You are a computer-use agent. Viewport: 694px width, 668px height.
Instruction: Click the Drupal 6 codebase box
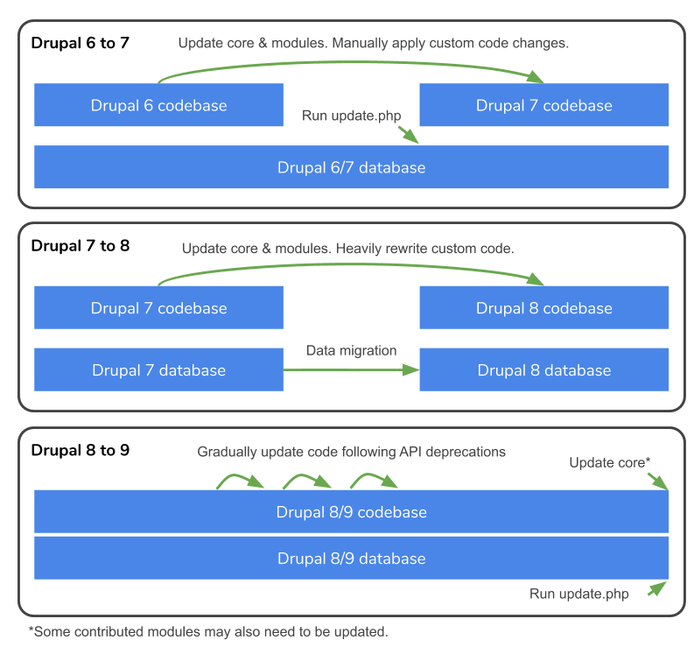coord(158,105)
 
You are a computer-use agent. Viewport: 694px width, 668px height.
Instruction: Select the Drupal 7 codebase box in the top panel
coord(543,105)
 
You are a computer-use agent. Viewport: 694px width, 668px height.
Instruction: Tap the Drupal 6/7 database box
coord(351,167)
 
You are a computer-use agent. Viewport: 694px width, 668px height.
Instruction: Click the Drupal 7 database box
coord(158,370)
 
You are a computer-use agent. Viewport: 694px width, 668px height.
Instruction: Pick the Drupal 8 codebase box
coord(543,308)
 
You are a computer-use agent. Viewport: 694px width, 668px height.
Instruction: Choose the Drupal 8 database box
coord(543,370)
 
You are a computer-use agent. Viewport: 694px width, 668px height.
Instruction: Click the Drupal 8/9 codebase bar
coord(351,512)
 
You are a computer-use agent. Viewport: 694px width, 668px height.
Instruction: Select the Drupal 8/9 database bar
coord(351,559)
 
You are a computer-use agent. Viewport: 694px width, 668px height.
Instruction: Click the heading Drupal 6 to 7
coord(80,43)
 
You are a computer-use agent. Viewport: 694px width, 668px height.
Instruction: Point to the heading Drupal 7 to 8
coord(80,246)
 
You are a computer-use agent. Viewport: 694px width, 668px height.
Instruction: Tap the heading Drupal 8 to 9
coord(80,451)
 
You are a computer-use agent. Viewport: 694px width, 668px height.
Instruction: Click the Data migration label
coord(351,350)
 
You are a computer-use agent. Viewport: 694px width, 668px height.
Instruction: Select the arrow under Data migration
coord(351,370)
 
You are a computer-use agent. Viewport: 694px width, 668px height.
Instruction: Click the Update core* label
coord(609,462)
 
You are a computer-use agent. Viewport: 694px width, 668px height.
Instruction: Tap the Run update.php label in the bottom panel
coord(578,594)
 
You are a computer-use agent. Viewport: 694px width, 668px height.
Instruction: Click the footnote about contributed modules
coord(208,631)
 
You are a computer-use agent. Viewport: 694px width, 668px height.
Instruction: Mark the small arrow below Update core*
coord(657,481)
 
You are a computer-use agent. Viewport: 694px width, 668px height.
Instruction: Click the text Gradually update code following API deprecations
coord(351,452)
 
